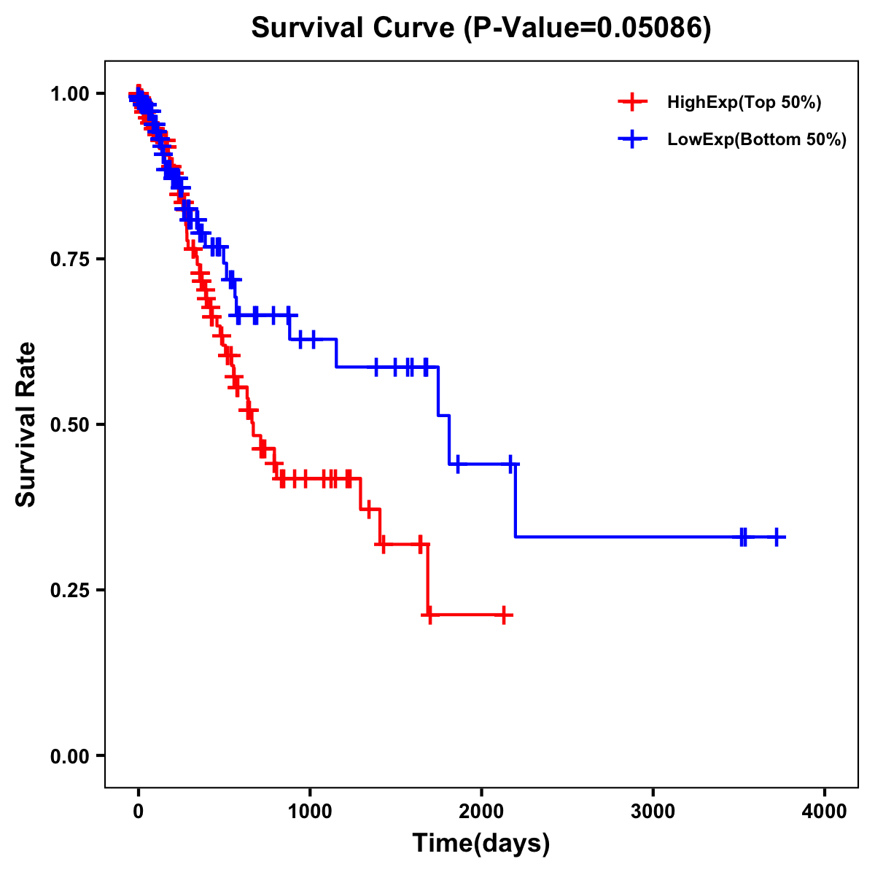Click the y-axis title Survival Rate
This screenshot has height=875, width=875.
(x=26, y=424)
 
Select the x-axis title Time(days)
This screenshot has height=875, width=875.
(x=481, y=844)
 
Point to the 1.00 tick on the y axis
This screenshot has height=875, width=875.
(x=70, y=94)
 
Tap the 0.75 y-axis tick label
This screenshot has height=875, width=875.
(x=70, y=260)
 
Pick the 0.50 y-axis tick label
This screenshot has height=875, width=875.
(x=70, y=424)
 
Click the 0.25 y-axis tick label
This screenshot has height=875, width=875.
(x=70, y=590)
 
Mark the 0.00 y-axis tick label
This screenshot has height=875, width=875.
(x=70, y=755)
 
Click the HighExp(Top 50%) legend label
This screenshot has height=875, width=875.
(x=744, y=103)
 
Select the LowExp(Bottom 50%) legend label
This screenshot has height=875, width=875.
(x=757, y=140)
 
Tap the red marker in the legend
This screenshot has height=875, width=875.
(x=632, y=102)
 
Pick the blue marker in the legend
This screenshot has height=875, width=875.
(x=632, y=139)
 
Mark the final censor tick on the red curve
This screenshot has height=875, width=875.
(x=503, y=615)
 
